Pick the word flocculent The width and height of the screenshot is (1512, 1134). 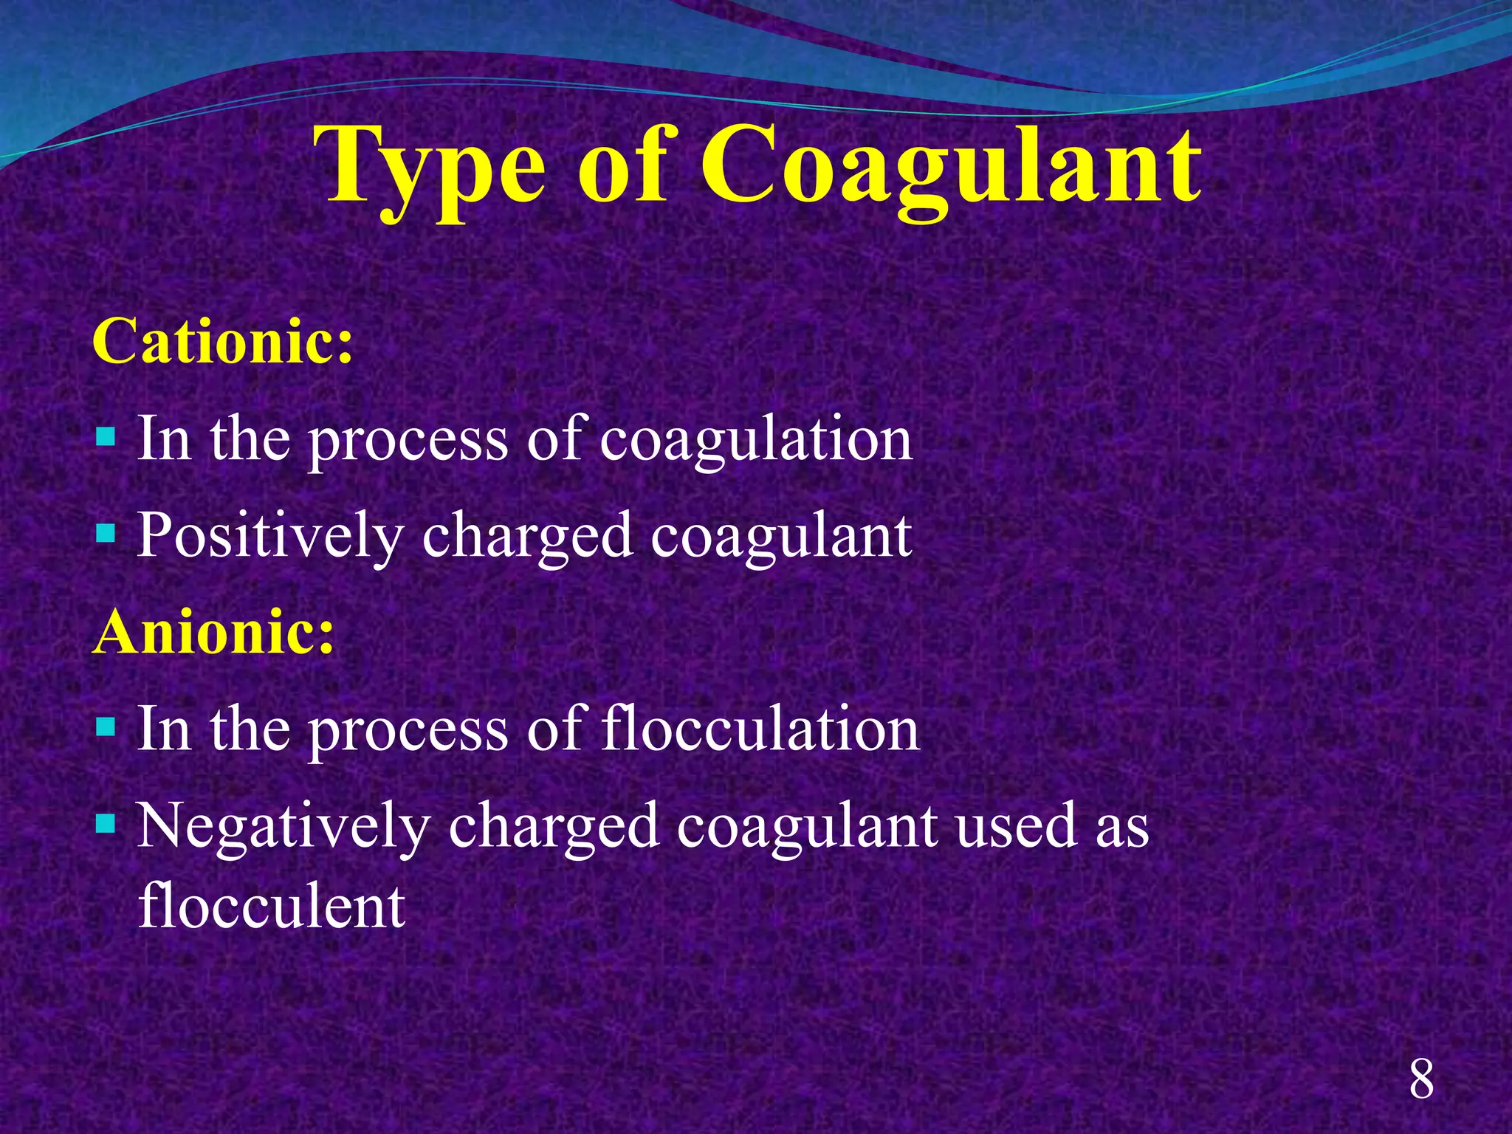[x=272, y=907]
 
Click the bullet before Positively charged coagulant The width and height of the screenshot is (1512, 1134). [x=106, y=532]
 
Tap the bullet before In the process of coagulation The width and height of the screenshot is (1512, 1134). [x=106, y=436]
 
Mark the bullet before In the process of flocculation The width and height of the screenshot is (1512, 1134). [x=106, y=727]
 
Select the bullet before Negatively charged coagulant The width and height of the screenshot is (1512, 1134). [x=106, y=823]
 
